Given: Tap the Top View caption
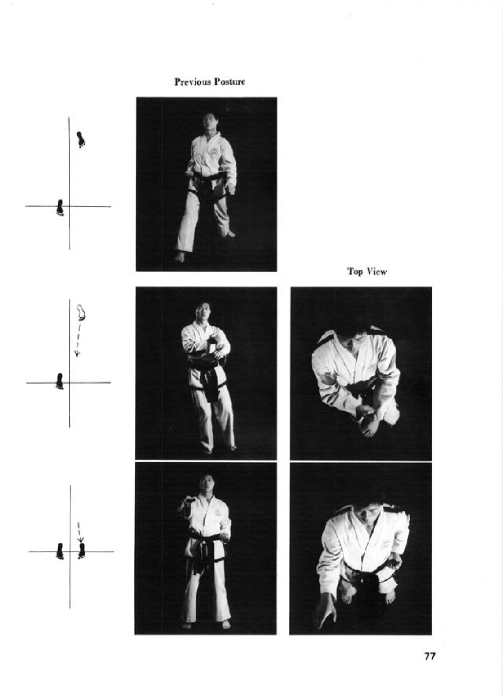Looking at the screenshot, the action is [367, 272].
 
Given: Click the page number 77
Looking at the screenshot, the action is [430, 656].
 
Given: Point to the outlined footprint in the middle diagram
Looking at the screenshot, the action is [81, 313].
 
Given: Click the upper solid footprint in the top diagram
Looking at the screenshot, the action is [81, 140].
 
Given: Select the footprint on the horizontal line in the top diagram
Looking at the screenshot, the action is [60, 207].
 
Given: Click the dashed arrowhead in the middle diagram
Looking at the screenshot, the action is [77, 353].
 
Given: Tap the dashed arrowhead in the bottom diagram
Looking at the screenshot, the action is [80, 539].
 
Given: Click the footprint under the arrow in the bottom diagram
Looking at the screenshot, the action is [81, 551].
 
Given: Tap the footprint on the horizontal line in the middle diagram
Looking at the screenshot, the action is [60, 381].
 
